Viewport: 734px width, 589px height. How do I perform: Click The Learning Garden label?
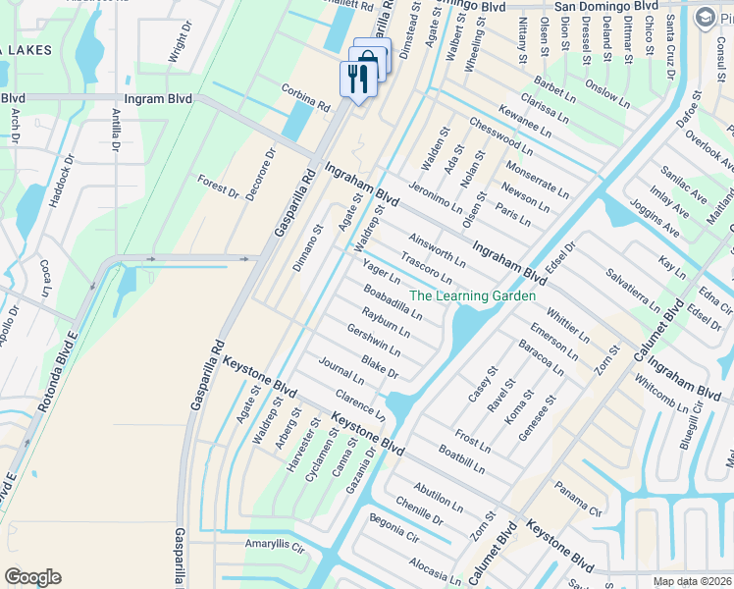[x=472, y=295]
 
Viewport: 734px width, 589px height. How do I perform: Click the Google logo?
[x=32, y=577]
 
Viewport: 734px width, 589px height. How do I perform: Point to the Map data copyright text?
[x=693, y=581]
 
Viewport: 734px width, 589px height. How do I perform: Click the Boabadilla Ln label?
[x=392, y=301]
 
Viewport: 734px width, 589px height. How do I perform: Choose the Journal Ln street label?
[x=341, y=373]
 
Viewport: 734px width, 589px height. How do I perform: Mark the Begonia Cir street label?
[x=393, y=531]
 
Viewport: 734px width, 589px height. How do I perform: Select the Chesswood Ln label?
[x=500, y=138]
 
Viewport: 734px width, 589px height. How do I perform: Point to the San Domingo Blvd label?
[x=605, y=6]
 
